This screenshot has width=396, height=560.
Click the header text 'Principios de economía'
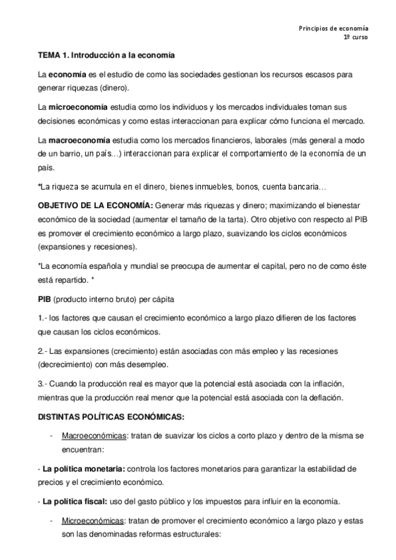click(x=334, y=28)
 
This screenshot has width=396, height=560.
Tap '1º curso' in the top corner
click(x=356, y=38)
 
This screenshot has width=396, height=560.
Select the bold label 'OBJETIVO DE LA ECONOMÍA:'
click(x=95, y=205)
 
